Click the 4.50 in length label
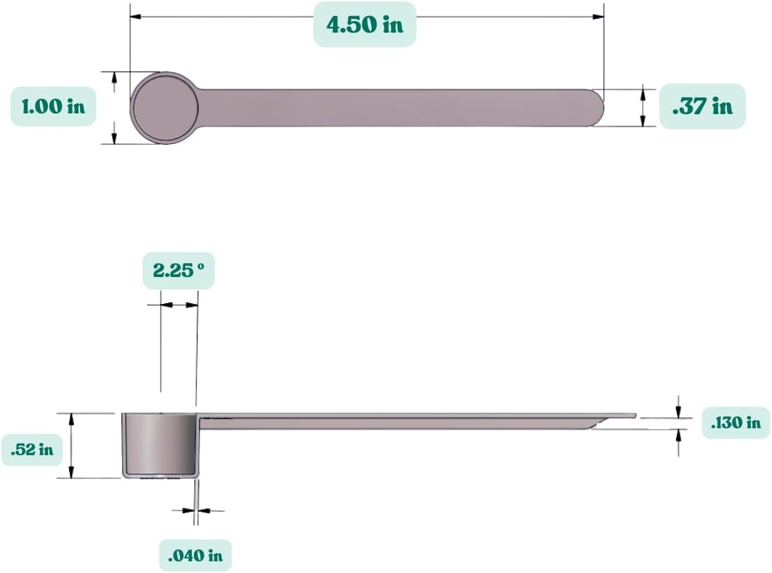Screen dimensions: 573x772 [x=364, y=25]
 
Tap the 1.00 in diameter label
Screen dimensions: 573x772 [x=53, y=106]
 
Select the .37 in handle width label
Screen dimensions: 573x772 [x=702, y=106]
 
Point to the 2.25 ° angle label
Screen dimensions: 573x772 [x=179, y=271]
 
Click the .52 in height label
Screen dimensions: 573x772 [x=32, y=449]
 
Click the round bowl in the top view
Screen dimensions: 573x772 [x=164, y=108]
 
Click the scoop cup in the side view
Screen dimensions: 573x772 [x=158, y=444]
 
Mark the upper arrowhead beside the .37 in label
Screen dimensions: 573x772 [x=644, y=94]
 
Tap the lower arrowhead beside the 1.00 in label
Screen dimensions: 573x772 [x=114, y=138]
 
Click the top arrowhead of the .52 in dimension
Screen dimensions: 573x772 [x=71, y=417]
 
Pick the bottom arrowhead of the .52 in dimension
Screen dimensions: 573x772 [x=71, y=473]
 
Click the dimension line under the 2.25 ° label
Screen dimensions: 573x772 [x=179, y=305]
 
